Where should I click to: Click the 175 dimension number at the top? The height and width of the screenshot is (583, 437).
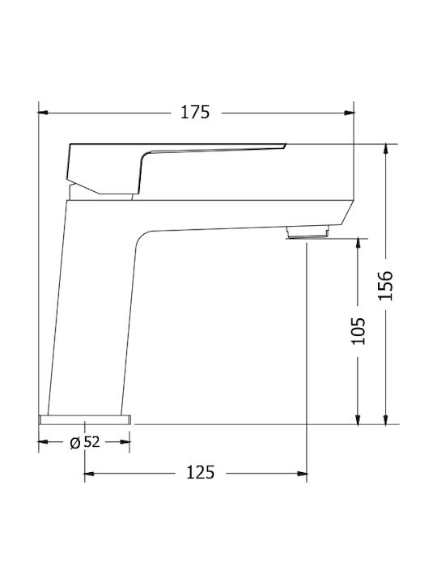(x=195, y=113)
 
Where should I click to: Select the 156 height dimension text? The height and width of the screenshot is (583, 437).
(x=386, y=284)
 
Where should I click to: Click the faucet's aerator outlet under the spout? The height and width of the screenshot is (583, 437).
(x=308, y=233)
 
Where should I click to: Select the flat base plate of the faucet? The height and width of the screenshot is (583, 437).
(x=85, y=419)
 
